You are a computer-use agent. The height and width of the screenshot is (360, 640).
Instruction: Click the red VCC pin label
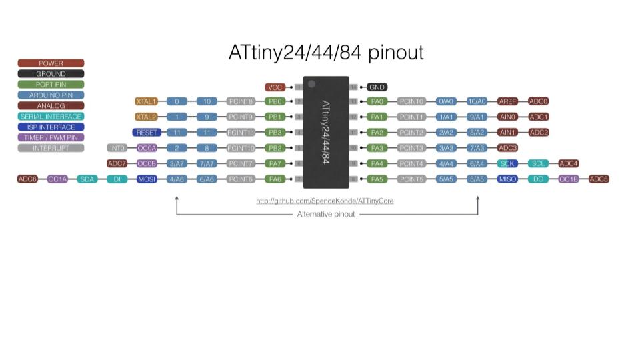[x=275, y=87]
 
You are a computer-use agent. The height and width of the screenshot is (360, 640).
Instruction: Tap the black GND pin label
[x=377, y=87]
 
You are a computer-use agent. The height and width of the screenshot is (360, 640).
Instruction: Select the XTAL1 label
[x=146, y=101]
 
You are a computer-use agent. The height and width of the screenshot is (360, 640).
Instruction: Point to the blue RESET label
[x=147, y=133]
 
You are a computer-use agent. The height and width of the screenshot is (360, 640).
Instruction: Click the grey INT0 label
[x=117, y=148]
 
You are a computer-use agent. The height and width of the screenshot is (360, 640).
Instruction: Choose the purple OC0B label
[x=147, y=163]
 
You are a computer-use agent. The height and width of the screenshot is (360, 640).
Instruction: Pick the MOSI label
[x=147, y=179]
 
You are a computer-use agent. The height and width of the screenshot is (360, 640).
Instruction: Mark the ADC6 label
[x=27, y=179]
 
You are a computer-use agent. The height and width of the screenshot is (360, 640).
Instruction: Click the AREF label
[x=508, y=101]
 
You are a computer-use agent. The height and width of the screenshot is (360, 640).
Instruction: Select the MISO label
[x=508, y=179]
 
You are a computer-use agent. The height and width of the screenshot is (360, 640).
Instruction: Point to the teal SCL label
[x=539, y=163]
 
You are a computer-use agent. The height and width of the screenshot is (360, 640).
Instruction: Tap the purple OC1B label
[x=569, y=179]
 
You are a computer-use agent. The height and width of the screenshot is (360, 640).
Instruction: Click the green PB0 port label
[x=275, y=101]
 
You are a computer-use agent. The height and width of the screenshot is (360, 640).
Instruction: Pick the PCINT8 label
[x=241, y=101]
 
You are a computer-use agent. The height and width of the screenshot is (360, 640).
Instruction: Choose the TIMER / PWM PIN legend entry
[x=51, y=137]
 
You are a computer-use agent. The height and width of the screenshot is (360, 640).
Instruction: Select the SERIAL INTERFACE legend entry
[x=51, y=117]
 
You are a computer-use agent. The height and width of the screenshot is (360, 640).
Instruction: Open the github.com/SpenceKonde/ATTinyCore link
[x=325, y=201]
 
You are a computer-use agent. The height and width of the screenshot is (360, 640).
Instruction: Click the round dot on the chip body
[x=311, y=84]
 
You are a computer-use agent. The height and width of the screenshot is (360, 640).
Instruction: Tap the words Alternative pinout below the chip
[x=326, y=215]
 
